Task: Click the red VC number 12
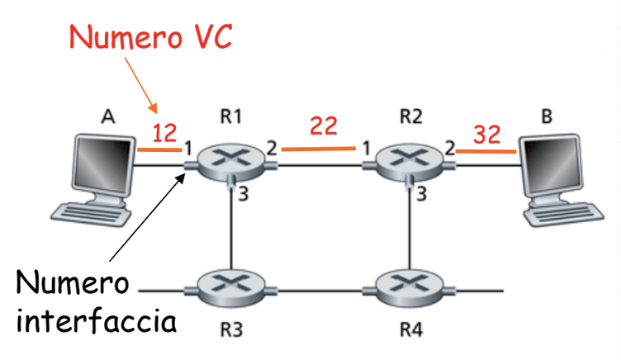pos(164,133)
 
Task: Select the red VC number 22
pos(324,126)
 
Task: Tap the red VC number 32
pos(486,135)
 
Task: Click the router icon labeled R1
pos(231,162)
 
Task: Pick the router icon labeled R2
pos(410,163)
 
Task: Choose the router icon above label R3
pos(231,289)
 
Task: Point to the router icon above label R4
pos(410,289)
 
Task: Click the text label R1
pos(231,116)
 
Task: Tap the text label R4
pos(411,329)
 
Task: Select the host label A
pos(108,116)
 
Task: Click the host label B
pos(547,116)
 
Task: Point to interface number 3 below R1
pos(243,194)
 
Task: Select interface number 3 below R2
pos(421,194)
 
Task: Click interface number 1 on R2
pos(367,149)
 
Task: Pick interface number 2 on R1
pos(272,148)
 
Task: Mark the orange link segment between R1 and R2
pos(319,149)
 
